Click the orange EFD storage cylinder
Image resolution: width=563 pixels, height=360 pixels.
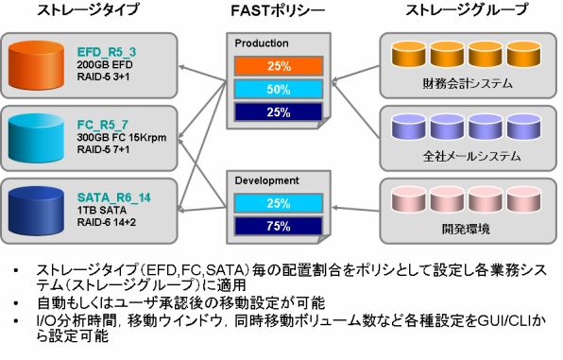(36, 65)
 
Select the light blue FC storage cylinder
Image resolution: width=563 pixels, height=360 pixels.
(36, 138)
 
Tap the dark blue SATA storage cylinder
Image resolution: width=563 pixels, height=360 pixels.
(36, 211)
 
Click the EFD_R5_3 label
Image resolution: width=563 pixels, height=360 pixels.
(107, 53)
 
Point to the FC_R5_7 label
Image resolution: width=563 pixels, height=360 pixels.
(103, 125)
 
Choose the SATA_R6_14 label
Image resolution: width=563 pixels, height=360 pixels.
(114, 197)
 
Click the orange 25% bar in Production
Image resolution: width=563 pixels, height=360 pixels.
(279, 66)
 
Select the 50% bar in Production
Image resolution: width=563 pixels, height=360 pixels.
(279, 89)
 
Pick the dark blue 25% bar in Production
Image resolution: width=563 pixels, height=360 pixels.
(279, 112)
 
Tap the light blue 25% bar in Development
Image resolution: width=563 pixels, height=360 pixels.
(279, 203)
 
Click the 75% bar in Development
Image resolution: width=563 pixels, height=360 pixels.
(279, 227)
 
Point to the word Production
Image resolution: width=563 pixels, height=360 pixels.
(262, 43)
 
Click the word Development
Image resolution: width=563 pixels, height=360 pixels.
(266, 180)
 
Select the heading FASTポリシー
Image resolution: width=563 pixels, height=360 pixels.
(278, 10)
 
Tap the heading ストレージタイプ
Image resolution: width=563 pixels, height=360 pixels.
(88, 9)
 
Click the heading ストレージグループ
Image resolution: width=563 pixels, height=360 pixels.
(468, 9)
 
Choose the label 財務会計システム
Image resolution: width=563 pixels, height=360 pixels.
(468, 84)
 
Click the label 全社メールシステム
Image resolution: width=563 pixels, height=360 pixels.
(471, 156)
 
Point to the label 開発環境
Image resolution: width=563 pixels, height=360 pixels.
(466, 229)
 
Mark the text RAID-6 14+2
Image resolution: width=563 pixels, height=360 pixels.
(107, 222)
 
